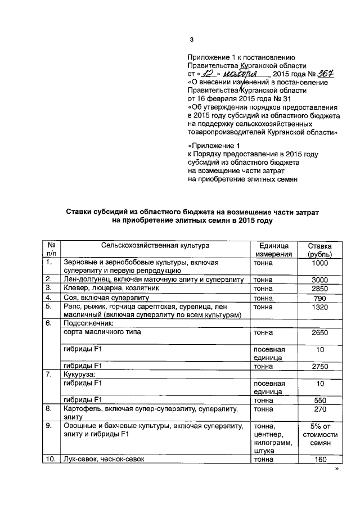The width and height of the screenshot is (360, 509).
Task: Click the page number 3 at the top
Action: pos(191,39)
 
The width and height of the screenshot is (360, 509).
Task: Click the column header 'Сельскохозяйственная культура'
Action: pos(155,245)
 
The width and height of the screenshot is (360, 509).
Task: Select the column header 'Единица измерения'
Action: pos(273,250)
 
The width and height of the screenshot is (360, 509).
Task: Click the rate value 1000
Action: pos(319,263)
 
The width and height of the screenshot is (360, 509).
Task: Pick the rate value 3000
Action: pos(319,280)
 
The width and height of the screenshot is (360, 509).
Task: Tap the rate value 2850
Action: pos(319,289)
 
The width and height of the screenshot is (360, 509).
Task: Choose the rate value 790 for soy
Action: pos(319,298)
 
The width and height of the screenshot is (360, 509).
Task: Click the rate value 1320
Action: pos(319,307)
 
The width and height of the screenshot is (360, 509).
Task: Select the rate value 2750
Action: pos(319,366)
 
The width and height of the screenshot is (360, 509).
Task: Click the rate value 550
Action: pos(319,400)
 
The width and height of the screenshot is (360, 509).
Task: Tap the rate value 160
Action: pos(319,460)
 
